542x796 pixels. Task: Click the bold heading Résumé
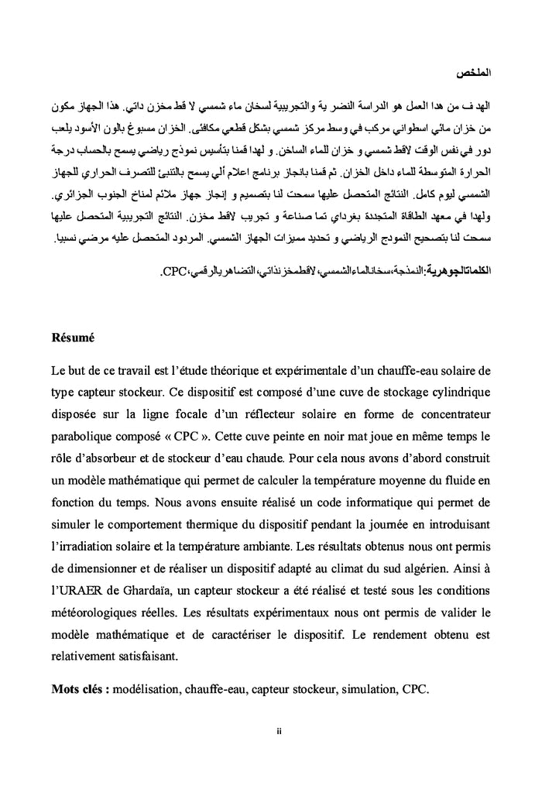73,338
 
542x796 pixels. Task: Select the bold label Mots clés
80,688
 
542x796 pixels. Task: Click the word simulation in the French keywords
364,688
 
